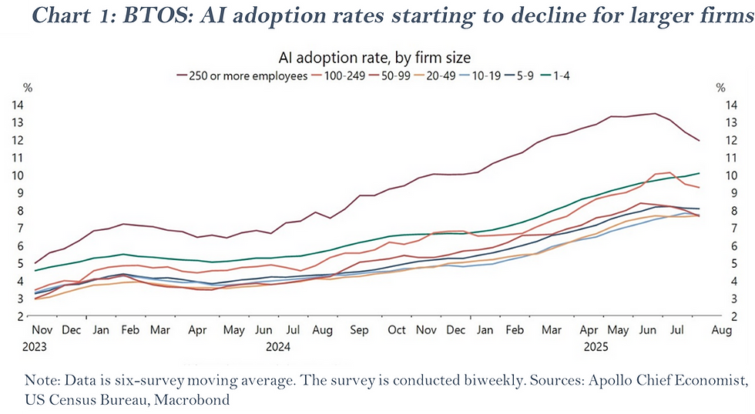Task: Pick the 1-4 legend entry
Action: click(571, 76)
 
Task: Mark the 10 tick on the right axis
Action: click(723, 175)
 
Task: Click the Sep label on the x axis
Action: click(359, 330)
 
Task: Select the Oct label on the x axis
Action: click(396, 330)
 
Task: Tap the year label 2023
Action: click(35, 346)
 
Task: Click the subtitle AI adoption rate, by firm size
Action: click(374, 57)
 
